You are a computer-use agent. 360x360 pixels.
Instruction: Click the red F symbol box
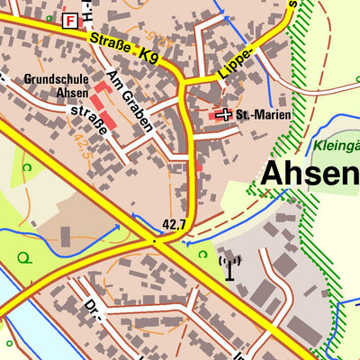coord(70,20)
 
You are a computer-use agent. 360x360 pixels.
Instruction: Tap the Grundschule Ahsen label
coord(58,85)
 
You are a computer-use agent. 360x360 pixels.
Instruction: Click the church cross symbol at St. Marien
coord(224,115)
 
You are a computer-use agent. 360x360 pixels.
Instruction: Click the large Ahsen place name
coord(310,175)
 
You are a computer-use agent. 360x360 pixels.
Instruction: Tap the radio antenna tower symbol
coord(230,267)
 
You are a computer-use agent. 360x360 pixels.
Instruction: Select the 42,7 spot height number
coord(174,224)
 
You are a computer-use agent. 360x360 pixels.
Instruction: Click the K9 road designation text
coord(149,53)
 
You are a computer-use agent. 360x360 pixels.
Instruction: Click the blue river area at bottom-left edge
coord(18,315)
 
